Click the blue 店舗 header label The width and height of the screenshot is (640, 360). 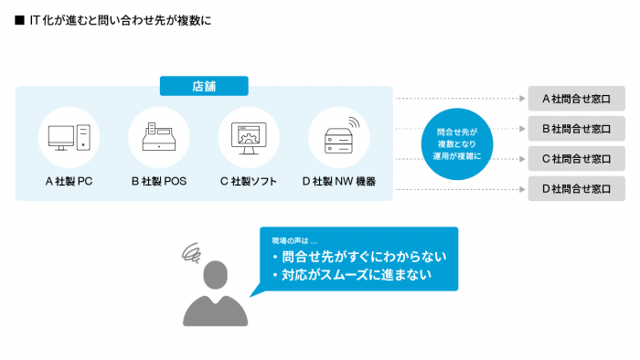point(204,86)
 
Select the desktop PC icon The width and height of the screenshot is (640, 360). point(69,138)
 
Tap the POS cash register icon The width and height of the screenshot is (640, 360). point(159,138)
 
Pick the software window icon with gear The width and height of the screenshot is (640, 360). point(249,138)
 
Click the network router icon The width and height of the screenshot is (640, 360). point(339,137)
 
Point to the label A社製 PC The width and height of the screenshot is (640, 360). point(69,181)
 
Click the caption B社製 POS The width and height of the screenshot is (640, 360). point(159,181)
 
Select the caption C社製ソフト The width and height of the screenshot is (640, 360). point(249,181)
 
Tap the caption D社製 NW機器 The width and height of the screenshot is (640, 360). point(339,181)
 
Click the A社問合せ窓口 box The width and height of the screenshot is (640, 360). point(576,98)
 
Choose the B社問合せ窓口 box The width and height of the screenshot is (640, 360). point(576,128)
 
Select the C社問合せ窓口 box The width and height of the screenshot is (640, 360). point(576,158)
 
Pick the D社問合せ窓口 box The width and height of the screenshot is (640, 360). point(576,189)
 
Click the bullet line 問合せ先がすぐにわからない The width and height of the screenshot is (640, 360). point(351,258)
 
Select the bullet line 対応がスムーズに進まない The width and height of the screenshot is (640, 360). point(351,274)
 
